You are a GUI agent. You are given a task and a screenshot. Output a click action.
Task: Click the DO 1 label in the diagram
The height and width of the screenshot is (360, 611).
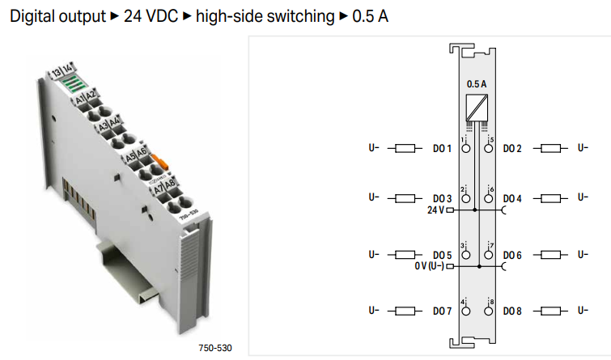pos(441,149)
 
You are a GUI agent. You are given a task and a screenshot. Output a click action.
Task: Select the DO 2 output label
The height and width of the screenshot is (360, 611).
pos(512,149)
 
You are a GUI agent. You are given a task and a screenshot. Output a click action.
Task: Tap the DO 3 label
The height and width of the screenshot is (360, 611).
pos(441,198)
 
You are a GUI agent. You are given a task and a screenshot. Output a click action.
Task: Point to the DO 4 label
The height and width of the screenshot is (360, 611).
pos(512,198)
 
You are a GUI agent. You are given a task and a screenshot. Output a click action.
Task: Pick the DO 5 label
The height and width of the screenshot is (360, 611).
pos(441,255)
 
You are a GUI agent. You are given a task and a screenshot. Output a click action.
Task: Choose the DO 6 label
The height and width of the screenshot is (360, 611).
pos(512,255)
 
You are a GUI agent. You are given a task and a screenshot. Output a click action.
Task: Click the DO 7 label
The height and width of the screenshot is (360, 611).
pos(441,311)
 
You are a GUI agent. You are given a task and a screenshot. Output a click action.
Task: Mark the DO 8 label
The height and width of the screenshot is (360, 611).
pos(512,311)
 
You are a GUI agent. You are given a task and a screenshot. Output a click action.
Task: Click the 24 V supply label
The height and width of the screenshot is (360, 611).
pos(435,210)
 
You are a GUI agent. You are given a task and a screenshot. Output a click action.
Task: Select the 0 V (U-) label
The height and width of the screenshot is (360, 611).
pos(428,266)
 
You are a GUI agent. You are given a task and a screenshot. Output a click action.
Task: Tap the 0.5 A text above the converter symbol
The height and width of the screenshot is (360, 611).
pos(477,83)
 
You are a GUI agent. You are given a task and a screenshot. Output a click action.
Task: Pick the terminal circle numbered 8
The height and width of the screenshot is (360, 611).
pos(489,311)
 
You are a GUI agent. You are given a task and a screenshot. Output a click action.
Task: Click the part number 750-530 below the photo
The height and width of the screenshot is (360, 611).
pos(214,349)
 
